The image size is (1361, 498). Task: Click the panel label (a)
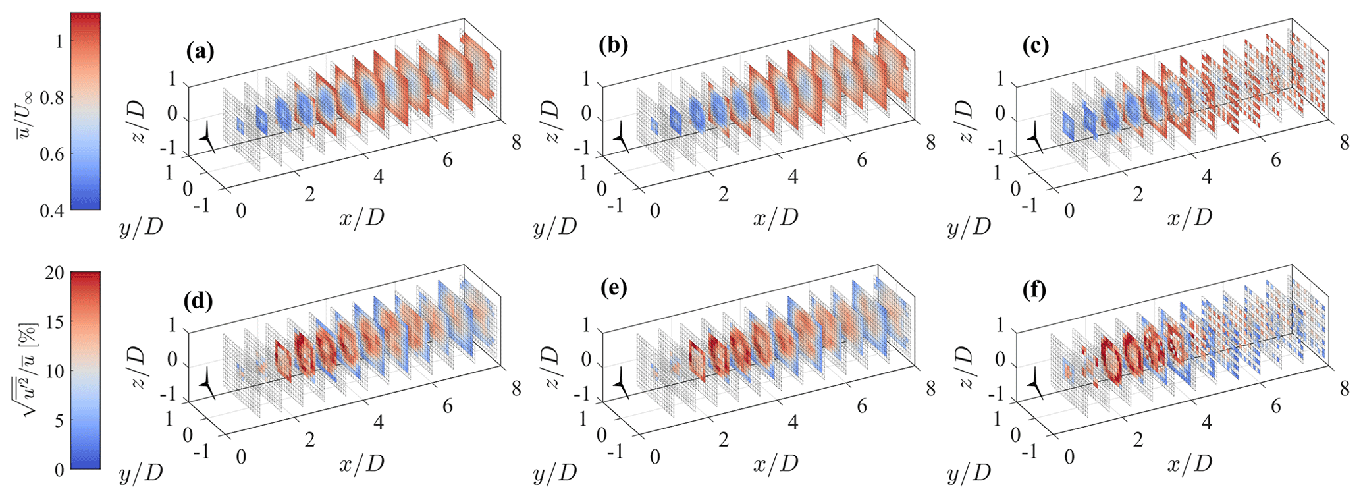(x=199, y=50)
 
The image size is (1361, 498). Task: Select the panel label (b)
(x=613, y=45)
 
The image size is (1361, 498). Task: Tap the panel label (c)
(x=1034, y=45)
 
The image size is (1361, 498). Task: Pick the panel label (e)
(x=613, y=290)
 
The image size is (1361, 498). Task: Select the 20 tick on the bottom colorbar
(x=55, y=273)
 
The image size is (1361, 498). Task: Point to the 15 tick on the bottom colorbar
(x=55, y=322)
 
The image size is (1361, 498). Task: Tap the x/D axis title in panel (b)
(x=776, y=217)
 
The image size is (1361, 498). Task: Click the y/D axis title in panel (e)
(x=554, y=473)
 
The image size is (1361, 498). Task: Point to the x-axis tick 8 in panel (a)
(x=516, y=142)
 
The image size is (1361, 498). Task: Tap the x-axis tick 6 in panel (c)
(x=1275, y=159)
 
